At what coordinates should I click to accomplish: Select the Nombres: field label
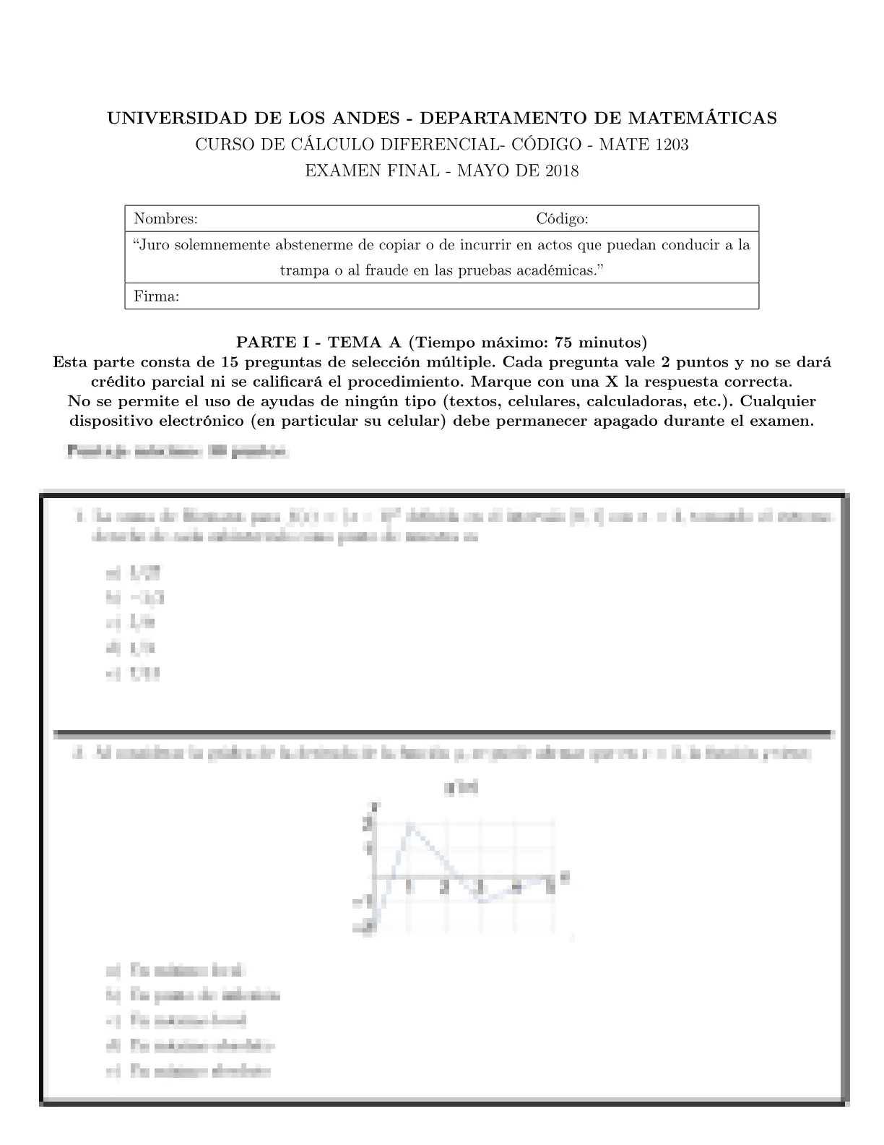166,219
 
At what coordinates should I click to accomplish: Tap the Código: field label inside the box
562,219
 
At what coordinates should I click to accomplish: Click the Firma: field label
157,296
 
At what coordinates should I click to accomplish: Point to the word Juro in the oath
155,245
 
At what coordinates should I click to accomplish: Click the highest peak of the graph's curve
409,823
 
